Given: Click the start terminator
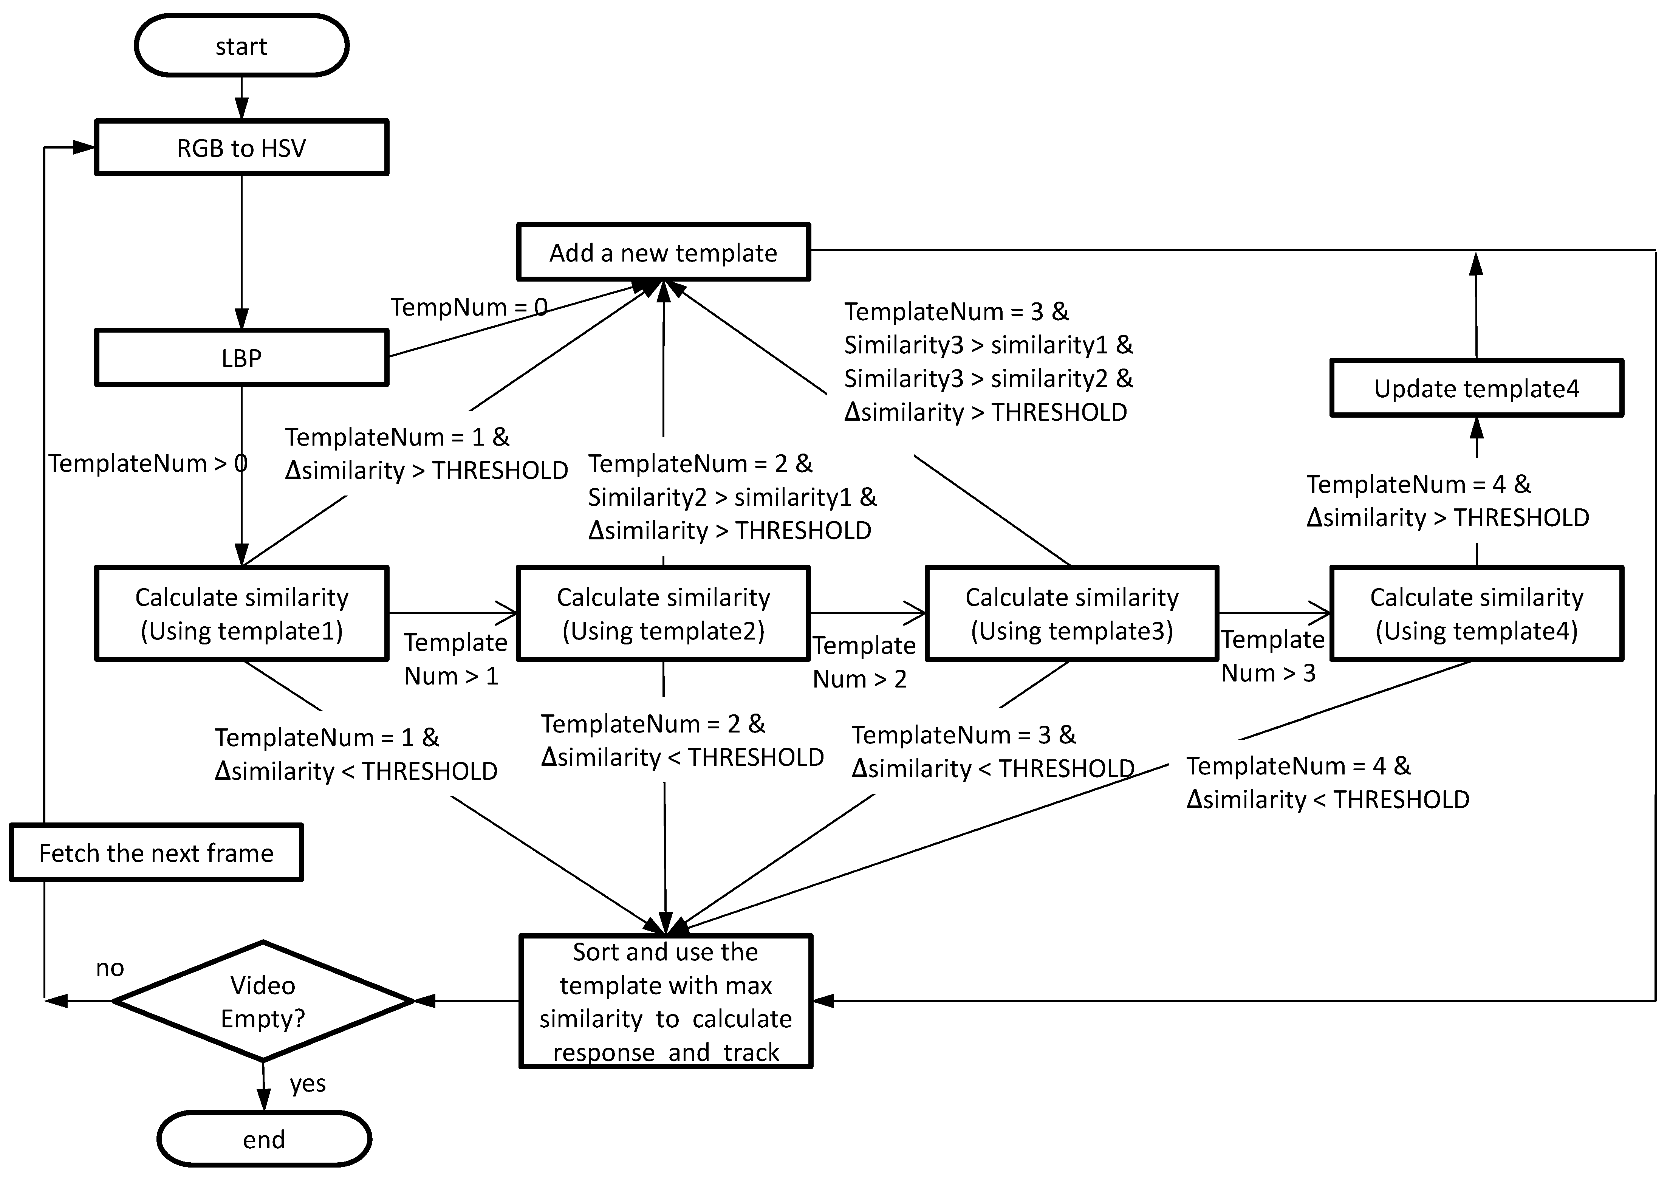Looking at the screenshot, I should click(x=241, y=46).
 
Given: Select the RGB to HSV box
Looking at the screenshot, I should click(x=241, y=148).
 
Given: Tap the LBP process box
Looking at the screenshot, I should click(x=241, y=358).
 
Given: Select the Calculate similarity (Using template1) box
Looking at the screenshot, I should click(x=241, y=613).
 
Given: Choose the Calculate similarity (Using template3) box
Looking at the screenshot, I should click(x=1071, y=613).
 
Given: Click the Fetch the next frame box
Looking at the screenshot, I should click(x=156, y=853).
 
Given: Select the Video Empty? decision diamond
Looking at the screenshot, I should click(x=263, y=1001).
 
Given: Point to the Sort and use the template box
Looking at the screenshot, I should click(x=666, y=1001).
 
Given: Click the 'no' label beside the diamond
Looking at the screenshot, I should click(x=110, y=968).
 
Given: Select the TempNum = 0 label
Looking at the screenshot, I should click(x=468, y=307).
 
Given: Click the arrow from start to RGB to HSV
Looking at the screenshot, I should click(x=241, y=98).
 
